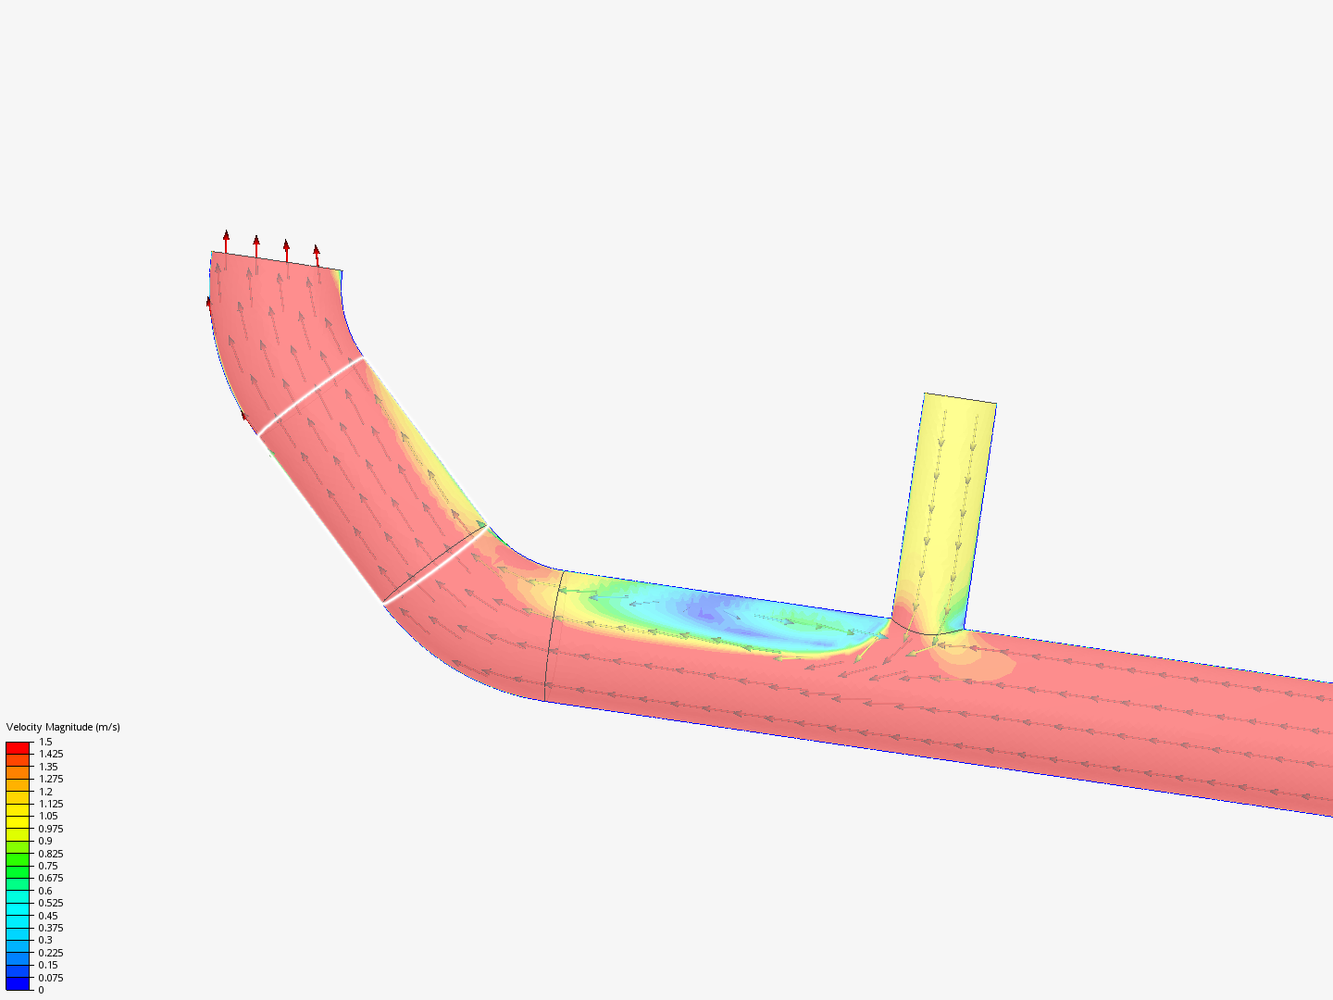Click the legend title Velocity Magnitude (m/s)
click(63, 727)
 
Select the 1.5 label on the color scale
click(45, 742)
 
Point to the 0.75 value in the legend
click(48, 866)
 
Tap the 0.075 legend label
click(51, 978)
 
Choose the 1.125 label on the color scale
click(51, 804)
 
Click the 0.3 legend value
click(45, 940)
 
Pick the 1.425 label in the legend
click(51, 754)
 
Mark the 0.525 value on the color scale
click(51, 903)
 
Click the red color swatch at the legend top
click(18, 747)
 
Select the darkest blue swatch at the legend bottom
click(18, 983)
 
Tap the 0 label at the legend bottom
click(41, 990)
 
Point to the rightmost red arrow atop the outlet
click(317, 255)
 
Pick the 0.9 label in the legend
click(45, 841)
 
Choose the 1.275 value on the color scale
click(51, 779)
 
